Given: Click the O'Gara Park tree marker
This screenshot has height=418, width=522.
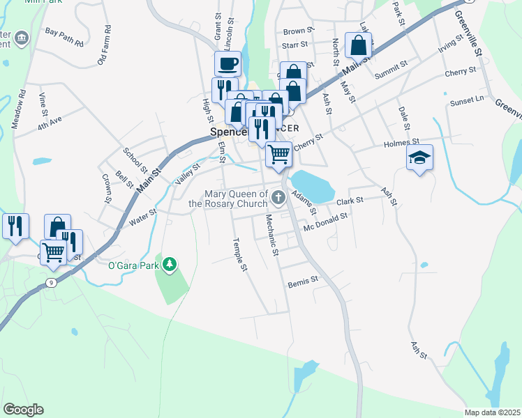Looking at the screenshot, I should [x=170, y=265].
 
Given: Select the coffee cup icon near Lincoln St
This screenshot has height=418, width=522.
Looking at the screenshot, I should [x=228, y=65].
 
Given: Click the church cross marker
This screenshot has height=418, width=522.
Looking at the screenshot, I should [x=278, y=199].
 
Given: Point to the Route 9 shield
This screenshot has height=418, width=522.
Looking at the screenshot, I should [x=51, y=282].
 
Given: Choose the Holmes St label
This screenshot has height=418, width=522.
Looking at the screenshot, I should [x=400, y=144].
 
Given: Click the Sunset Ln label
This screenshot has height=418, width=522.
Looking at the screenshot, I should [x=467, y=101].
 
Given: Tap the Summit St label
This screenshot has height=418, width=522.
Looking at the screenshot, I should [x=391, y=70].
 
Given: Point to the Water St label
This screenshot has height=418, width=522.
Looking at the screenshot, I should [x=142, y=217].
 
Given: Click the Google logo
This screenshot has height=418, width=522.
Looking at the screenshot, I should [x=23, y=410].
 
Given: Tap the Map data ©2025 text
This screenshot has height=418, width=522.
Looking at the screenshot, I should [x=492, y=412].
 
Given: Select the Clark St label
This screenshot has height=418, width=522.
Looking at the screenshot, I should [x=350, y=201].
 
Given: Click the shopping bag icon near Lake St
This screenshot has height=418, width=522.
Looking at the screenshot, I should [x=358, y=46].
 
